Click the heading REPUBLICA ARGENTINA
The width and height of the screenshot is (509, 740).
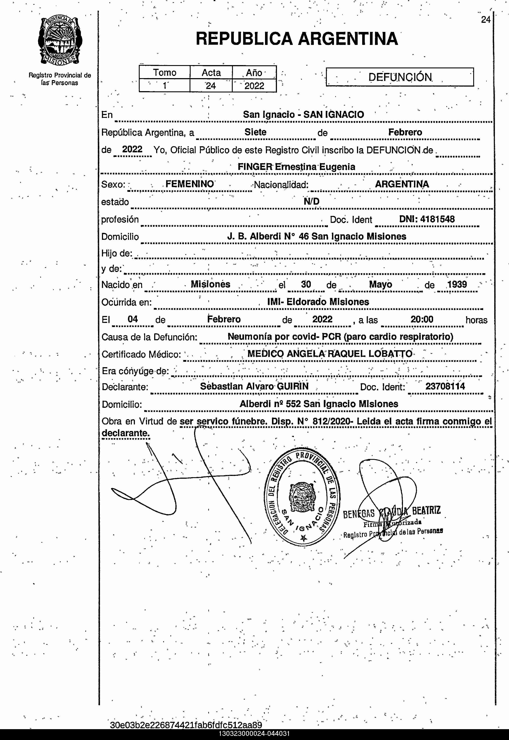297,39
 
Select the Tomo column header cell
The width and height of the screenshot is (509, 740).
165,72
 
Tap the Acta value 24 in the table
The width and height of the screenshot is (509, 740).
211,86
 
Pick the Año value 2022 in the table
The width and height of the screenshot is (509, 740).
254,86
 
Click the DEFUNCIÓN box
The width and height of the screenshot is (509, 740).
400,77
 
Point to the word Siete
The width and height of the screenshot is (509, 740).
255,132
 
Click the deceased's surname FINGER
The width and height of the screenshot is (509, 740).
255,167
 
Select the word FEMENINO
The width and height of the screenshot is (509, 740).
190,184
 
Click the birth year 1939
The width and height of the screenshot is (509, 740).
457,284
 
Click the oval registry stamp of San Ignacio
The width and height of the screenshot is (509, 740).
302,496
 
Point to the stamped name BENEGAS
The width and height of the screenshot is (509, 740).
358,513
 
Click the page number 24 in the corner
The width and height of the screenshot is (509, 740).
485,20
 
